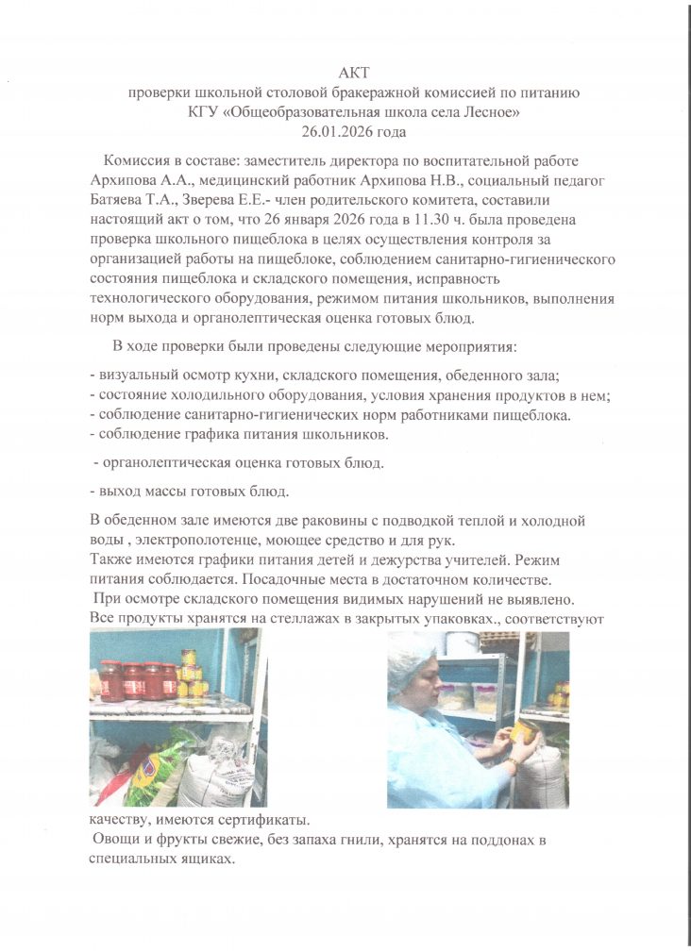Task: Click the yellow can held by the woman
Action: [x=522, y=732]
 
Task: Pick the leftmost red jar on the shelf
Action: [x=111, y=681]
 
